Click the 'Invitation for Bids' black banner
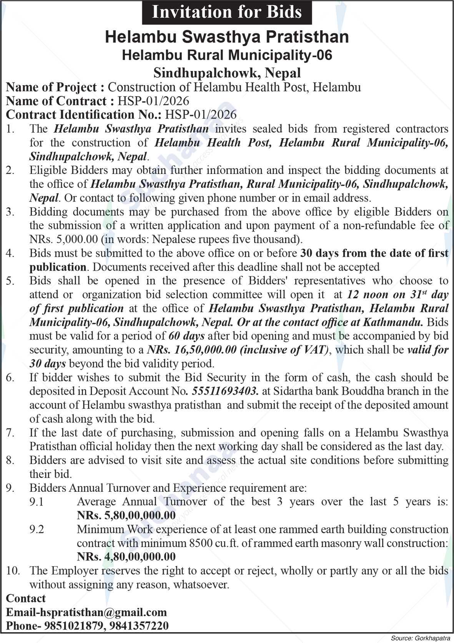point(227,12)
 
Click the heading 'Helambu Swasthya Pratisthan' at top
point(227,37)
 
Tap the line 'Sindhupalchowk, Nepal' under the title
point(227,72)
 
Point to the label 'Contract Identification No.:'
point(84,114)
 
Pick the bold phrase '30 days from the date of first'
point(374,253)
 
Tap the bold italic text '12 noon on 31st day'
point(397,294)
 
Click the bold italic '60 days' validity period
point(186,336)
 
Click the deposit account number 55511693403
point(225,391)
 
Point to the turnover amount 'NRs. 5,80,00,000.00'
point(126,515)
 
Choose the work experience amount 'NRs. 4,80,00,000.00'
point(126,556)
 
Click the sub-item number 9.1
point(37,501)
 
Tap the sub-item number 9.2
point(37,529)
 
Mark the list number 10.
point(13,570)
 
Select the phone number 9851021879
point(73,626)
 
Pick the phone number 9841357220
point(138,626)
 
